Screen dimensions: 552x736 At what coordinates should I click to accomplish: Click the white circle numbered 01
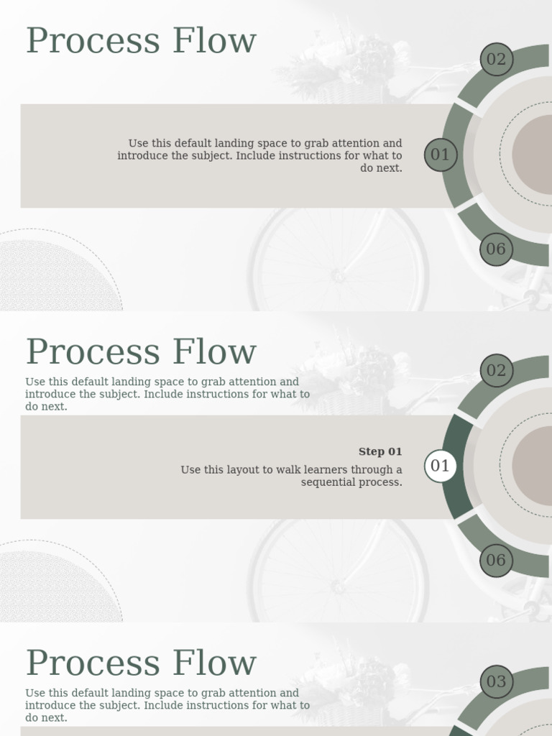(x=441, y=466)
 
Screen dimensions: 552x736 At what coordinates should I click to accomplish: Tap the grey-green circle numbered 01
(x=441, y=155)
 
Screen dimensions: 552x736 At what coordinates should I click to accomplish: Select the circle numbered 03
(x=496, y=681)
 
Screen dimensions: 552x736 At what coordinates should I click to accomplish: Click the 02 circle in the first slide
(x=496, y=59)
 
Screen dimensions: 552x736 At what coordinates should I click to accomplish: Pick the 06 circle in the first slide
(x=496, y=249)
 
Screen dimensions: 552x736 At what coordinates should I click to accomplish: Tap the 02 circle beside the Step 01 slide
(x=496, y=370)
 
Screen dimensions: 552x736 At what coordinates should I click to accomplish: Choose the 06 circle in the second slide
(x=496, y=561)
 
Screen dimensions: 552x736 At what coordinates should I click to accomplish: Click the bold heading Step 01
(x=380, y=451)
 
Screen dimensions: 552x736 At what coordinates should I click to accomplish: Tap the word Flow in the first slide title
(x=214, y=41)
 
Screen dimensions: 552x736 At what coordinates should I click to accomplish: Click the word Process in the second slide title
(x=93, y=352)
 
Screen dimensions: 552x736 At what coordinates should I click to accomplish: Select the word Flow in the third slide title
(x=214, y=663)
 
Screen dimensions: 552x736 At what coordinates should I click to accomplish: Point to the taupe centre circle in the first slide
(x=532, y=155)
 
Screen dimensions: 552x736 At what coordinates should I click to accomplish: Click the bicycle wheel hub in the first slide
(x=338, y=275)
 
